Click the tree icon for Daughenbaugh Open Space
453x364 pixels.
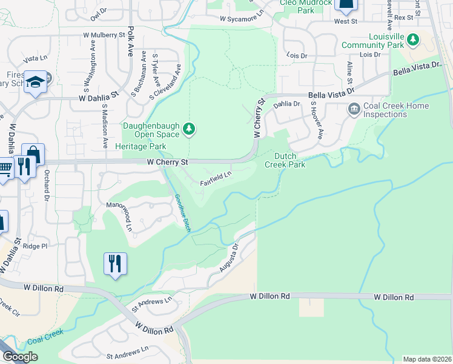pos(190,128)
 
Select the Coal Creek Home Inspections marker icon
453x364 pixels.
pos(354,110)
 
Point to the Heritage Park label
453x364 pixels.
pos(144,147)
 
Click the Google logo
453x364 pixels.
pos(20,356)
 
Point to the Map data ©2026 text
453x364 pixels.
pos(427,359)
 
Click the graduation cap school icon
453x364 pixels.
pos(36,82)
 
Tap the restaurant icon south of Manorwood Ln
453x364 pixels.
pos(115,264)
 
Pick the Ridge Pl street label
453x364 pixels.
pos(35,246)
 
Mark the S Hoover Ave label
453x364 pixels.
pos(315,120)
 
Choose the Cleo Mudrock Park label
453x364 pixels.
pos(306,7)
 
